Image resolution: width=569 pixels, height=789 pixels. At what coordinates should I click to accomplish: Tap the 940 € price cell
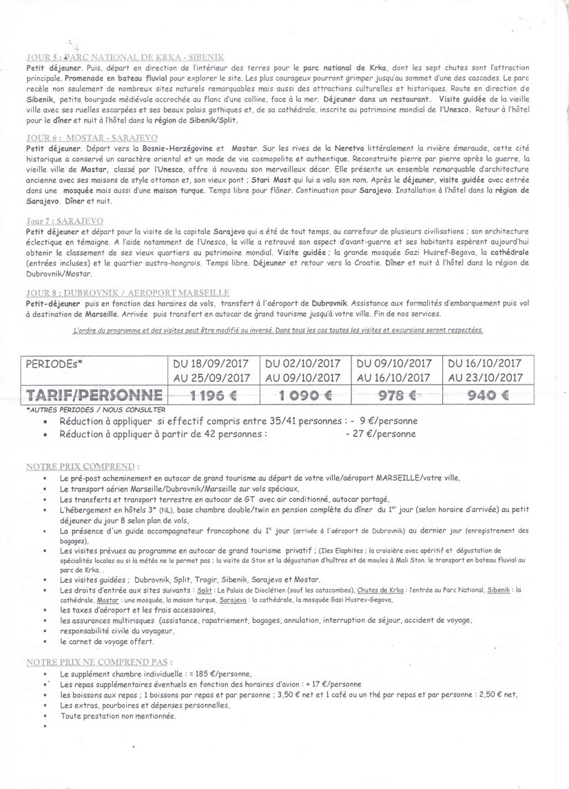pyautogui.click(x=486, y=395)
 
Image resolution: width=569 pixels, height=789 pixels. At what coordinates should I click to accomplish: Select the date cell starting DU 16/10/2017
pyautogui.click(x=486, y=370)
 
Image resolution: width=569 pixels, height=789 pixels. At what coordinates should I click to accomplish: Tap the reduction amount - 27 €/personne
pyautogui.click(x=381, y=434)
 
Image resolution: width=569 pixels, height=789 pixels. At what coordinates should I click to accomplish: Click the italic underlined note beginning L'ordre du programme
pyautogui.click(x=278, y=330)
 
